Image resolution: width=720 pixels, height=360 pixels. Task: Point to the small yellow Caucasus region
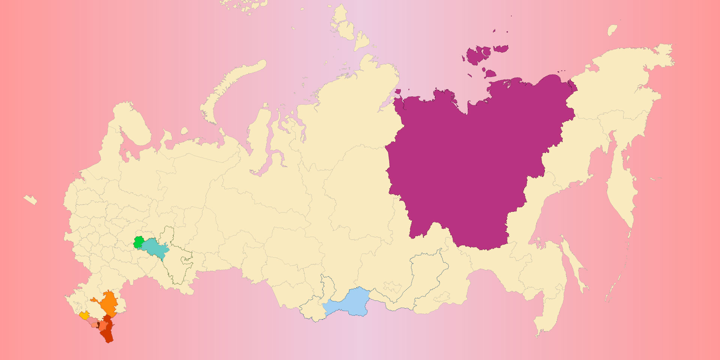84,316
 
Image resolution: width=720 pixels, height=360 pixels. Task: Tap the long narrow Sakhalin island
574,262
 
